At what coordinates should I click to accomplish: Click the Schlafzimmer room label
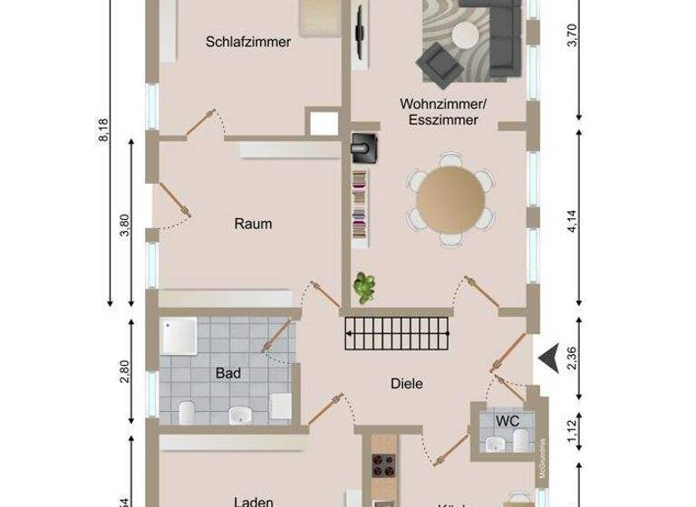[247, 42]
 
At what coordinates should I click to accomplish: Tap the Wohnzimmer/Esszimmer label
[443, 111]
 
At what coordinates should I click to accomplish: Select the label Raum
[253, 224]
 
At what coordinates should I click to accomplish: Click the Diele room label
[407, 383]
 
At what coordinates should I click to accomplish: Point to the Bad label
[227, 372]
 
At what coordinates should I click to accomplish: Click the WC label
[506, 420]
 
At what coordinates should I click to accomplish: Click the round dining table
[450, 196]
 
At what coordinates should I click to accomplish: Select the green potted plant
[365, 288]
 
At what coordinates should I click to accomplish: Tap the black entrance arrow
[546, 359]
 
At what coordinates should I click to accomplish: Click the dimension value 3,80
[125, 224]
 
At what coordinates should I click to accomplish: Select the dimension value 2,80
[125, 371]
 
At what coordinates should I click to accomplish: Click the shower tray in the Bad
[179, 338]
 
